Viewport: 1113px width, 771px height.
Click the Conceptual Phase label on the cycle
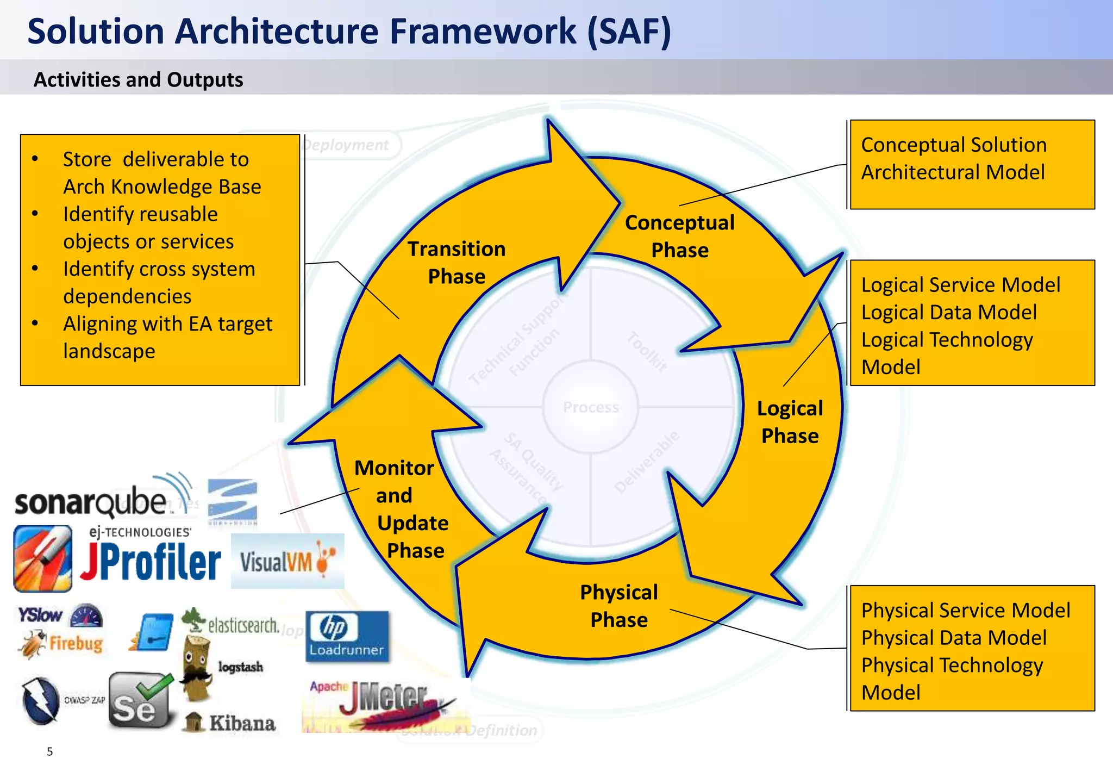679,236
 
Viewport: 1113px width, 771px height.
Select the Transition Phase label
457,262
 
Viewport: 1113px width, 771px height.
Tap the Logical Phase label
790,421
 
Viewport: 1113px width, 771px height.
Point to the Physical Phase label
619,605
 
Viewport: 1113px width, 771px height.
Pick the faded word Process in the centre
591,407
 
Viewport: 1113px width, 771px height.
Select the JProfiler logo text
151,562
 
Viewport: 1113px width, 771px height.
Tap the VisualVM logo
287,562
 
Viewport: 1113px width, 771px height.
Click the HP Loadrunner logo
347,636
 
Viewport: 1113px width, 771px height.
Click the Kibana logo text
242,723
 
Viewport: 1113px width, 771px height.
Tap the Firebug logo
62,644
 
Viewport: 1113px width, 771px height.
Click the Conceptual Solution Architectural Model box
972,164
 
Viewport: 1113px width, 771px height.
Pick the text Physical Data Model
954,638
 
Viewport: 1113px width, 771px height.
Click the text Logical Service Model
960,285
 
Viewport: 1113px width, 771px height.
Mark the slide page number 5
49,751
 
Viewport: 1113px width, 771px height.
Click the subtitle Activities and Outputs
138,80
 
